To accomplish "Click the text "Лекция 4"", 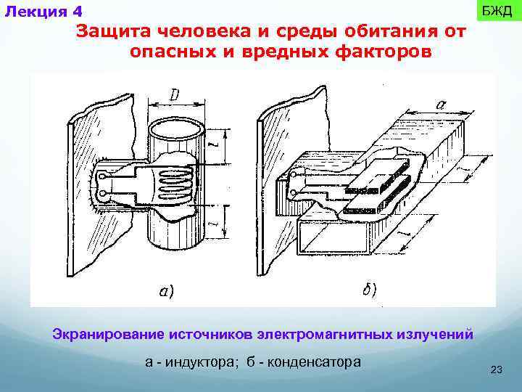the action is click(x=43, y=12).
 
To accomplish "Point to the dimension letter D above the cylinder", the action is click(x=176, y=95).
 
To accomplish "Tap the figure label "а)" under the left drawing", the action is click(x=166, y=292).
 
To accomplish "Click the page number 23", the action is click(x=497, y=370).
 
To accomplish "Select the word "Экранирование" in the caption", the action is click(x=108, y=335).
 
